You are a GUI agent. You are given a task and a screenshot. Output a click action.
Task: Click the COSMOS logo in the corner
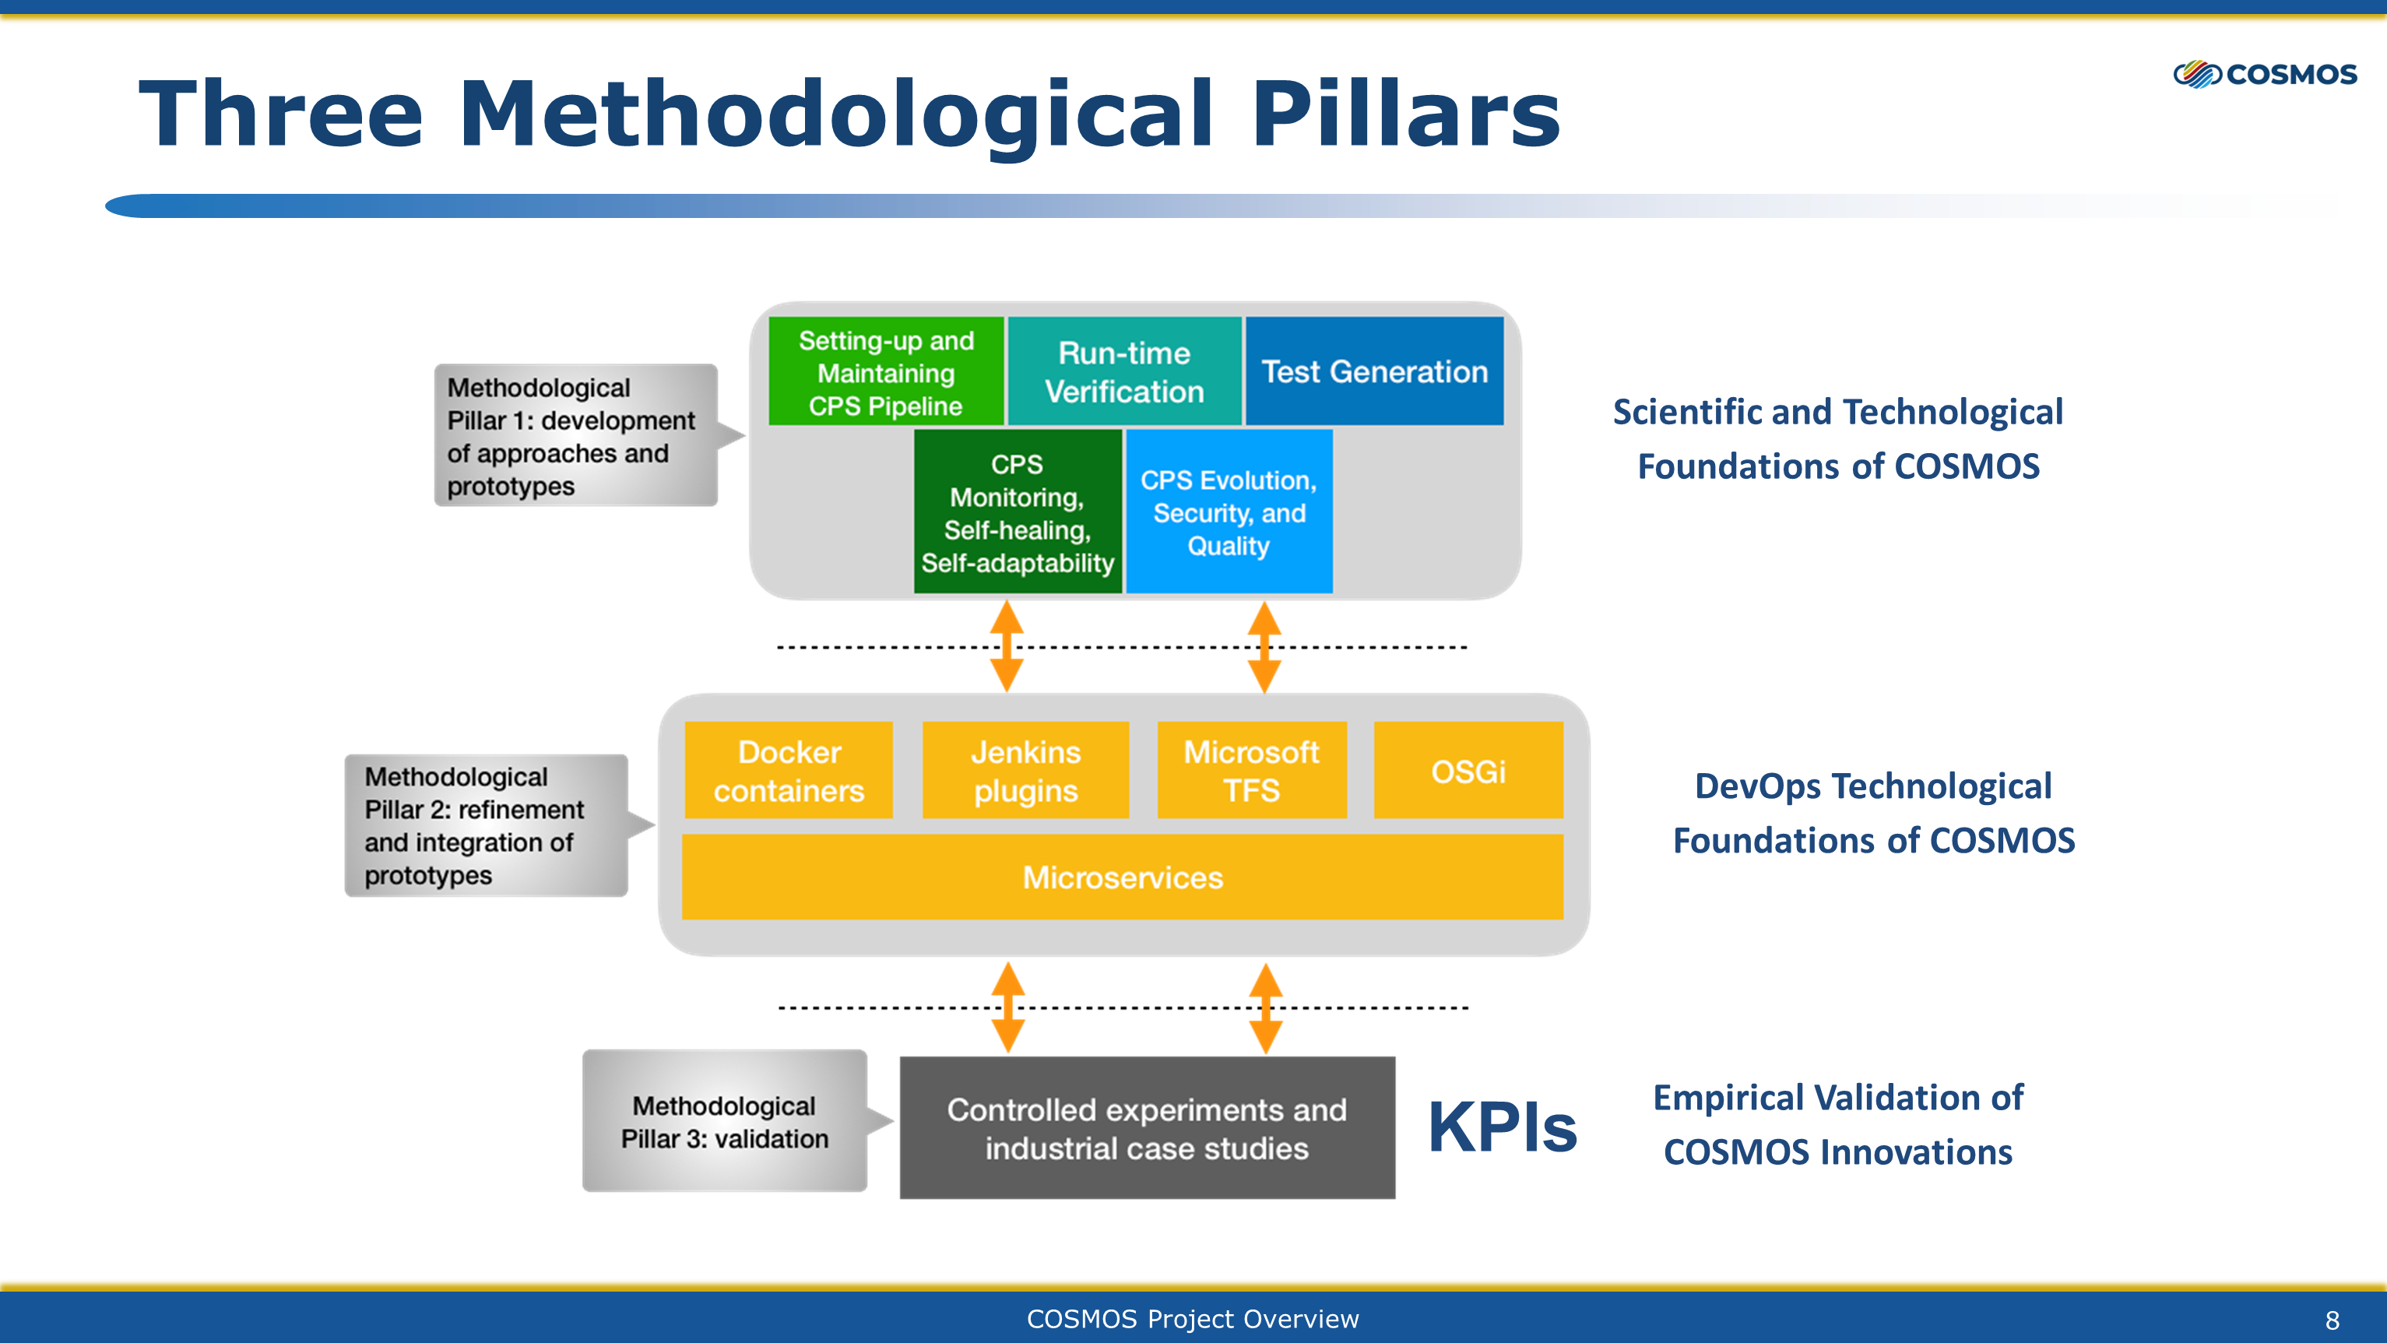coord(2265,74)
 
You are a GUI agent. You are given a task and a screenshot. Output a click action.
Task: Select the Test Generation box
coord(1374,371)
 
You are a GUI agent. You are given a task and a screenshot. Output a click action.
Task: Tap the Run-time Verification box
coord(1124,371)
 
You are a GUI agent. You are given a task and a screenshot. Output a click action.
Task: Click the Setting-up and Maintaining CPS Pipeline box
coord(886,371)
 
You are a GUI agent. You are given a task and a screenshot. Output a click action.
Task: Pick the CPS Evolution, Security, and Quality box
coord(1229,511)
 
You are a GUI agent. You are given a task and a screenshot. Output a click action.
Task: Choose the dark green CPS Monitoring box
coord(1018,511)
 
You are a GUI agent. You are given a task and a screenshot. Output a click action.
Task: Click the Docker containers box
coord(789,770)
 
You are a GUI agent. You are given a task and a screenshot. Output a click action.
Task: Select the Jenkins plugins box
coord(1026,770)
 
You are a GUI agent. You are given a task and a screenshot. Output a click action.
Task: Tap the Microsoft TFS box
coord(1252,770)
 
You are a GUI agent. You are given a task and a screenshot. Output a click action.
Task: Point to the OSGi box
coord(1468,770)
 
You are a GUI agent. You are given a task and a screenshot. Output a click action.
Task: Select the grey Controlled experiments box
coord(1147,1128)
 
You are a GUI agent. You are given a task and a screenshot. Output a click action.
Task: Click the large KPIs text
coord(1502,1127)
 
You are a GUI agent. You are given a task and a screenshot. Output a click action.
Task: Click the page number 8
coord(2333,1320)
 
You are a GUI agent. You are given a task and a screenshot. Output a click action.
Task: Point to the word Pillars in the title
coord(1407,113)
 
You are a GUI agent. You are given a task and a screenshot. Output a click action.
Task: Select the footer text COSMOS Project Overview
coord(1193,1319)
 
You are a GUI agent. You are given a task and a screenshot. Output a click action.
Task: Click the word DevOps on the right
coord(1759,787)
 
